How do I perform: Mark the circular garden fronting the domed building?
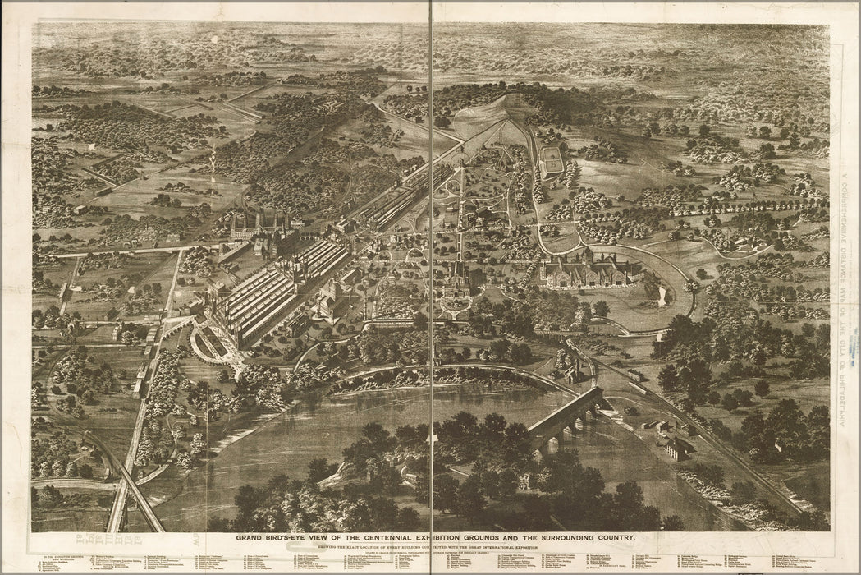[x=454, y=304]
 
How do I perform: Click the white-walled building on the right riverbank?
[x=676, y=448]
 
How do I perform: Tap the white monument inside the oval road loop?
[x=662, y=296]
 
